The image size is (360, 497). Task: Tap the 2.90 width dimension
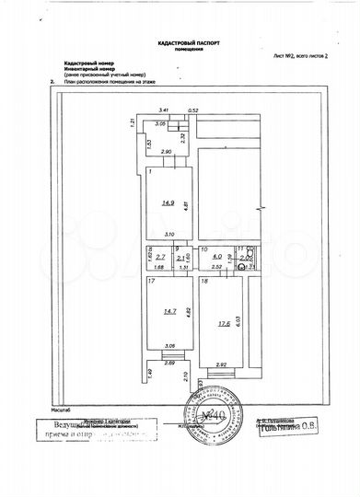tap(167, 151)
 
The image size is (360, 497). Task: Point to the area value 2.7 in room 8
tap(158, 260)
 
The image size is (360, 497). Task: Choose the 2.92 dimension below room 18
tap(220, 364)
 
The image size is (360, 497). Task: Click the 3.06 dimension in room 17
tap(168, 346)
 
